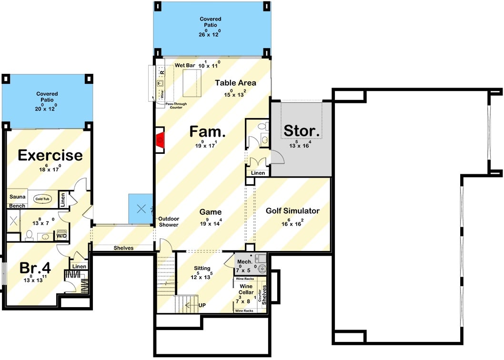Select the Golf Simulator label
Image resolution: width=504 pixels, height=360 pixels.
pyautogui.click(x=292, y=210)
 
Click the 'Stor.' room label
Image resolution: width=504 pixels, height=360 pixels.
pyautogui.click(x=301, y=130)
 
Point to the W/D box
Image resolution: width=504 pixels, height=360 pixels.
pyautogui.click(x=62, y=236)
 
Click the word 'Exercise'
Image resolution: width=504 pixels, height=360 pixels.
pyautogui.click(x=50, y=155)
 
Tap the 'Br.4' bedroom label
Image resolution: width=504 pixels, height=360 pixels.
pyautogui.click(x=35, y=268)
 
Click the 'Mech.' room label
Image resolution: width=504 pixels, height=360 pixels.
pyautogui.click(x=244, y=261)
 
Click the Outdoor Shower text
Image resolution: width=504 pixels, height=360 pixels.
pyautogui.click(x=169, y=221)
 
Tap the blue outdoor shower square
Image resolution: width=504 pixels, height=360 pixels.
pyautogui.click(x=140, y=208)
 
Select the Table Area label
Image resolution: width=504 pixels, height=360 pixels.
pyautogui.click(x=235, y=83)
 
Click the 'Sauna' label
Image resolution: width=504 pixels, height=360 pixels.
pyautogui.click(x=17, y=196)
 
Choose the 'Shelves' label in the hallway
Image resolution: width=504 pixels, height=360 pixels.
pyautogui.click(x=123, y=248)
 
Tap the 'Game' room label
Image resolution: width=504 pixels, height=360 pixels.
pyautogui.click(x=210, y=212)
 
